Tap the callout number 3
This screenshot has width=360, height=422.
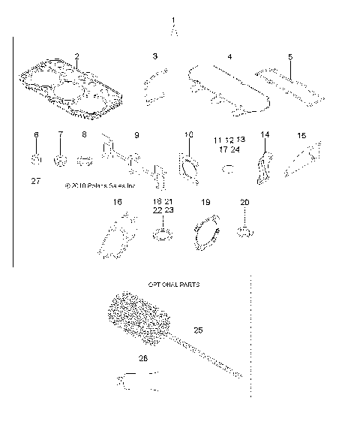pyautogui.click(x=154, y=57)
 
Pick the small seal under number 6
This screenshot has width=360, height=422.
pyautogui.click(x=35, y=159)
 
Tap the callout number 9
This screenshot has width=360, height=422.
pyautogui.click(x=136, y=135)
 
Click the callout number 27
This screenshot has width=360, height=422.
pyautogui.click(x=36, y=181)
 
